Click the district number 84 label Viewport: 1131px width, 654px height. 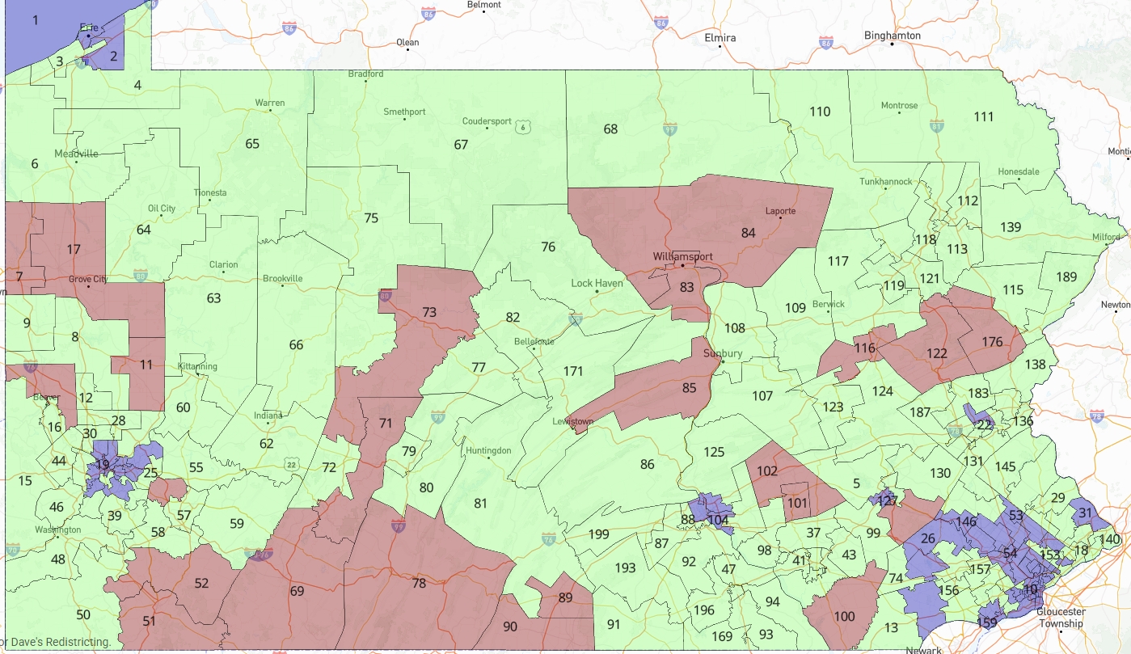click(x=748, y=233)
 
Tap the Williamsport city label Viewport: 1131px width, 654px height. click(x=683, y=256)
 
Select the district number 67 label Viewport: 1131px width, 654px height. click(x=461, y=145)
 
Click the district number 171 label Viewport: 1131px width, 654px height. click(x=572, y=371)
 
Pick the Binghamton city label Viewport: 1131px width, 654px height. click(x=892, y=36)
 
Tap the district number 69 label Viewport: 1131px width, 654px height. click(x=297, y=591)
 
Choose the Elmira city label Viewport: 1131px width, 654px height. click(x=720, y=38)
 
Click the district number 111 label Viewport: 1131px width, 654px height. click(x=983, y=116)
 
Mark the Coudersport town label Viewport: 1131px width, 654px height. click(x=487, y=121)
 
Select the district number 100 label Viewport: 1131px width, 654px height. click(x=844, y=616)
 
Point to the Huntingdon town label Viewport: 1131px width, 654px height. click(x=488, y=450)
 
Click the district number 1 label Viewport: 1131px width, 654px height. click(x=35, y=19)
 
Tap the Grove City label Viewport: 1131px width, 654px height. click(x=88, y=279)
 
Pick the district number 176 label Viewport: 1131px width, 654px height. click(x=992, y=342)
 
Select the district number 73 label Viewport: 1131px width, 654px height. click(x=428, y=312)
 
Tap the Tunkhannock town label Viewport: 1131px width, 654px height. click(x=886, y=182)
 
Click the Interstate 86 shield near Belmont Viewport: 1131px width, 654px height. click(x=428, y=14)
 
